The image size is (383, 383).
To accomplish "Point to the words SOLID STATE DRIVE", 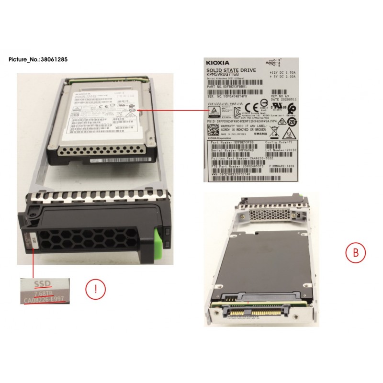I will [x=230, y=70].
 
